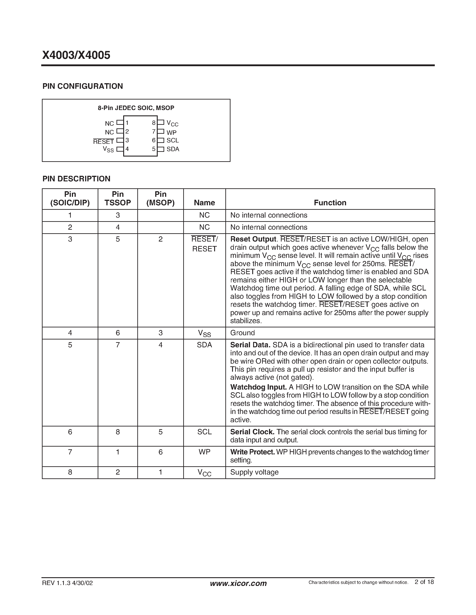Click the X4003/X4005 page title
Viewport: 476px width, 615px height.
76,55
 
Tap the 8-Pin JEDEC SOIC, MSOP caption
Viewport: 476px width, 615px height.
136,108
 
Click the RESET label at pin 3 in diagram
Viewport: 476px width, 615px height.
103,142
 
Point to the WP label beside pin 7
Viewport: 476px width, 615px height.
171,133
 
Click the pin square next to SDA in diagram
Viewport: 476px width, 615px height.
161,149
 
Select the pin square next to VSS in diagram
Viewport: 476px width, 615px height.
120,149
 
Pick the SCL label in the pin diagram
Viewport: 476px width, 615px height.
172,140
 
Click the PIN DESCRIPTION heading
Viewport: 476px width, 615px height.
76,179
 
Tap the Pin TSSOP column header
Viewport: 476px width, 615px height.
118,199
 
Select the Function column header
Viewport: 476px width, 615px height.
330,203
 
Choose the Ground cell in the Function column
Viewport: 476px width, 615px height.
243,333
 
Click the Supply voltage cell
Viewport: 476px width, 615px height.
254,472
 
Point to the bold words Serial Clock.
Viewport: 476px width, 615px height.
252,432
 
